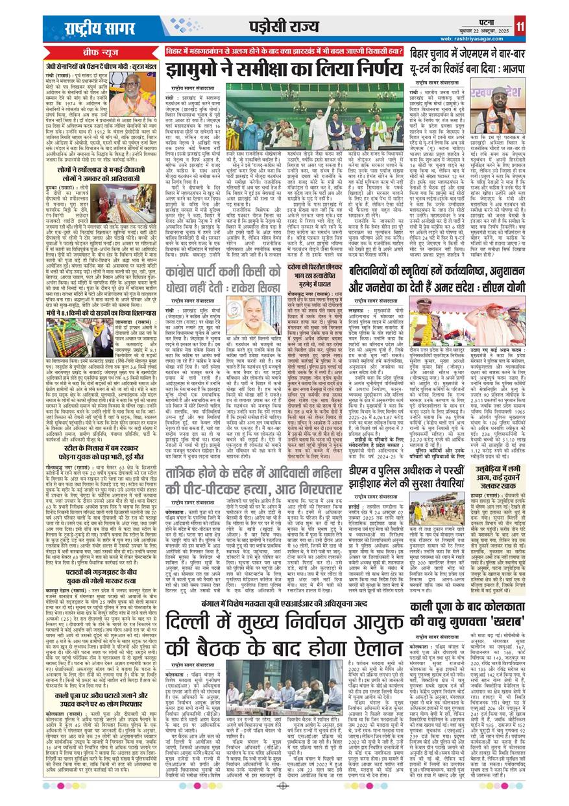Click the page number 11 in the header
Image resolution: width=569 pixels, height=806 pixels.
click(557, 25)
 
